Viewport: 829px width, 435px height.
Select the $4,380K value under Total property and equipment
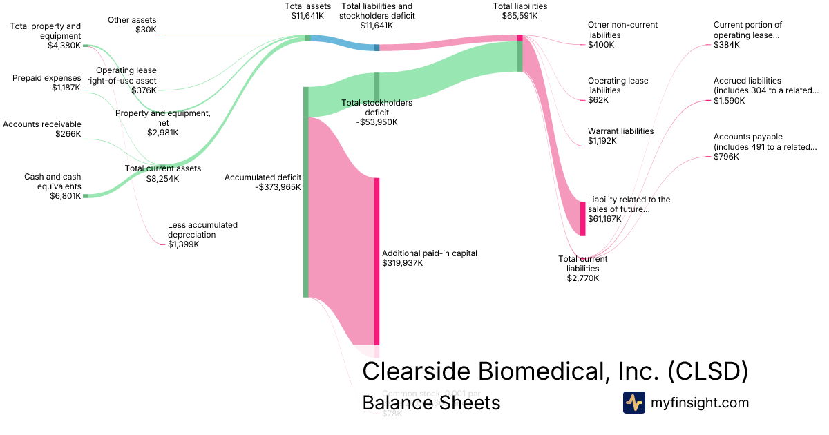coord(64,46)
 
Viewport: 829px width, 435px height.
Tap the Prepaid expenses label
coord(46,83)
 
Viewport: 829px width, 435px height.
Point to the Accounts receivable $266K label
coord(42,129)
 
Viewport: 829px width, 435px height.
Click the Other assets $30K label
coord(132,25)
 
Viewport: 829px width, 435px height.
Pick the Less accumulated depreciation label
coord(202,234)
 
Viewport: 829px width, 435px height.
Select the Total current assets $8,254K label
coord(162,173)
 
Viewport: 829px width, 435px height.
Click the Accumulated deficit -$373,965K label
coord(263,182)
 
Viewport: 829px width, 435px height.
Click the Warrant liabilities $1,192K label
coord(620,136)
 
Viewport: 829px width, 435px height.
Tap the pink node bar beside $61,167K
coord(582,218)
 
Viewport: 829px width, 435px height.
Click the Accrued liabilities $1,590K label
coord(766,90)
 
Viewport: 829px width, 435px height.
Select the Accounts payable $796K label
coord(765,146)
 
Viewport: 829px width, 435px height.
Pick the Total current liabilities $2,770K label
coord(582,269)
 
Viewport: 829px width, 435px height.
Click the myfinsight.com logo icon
coord(633,403)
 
